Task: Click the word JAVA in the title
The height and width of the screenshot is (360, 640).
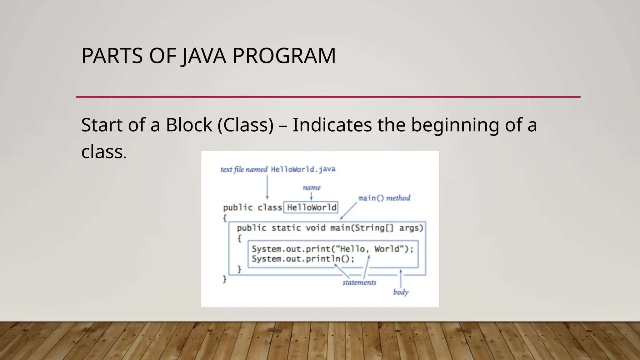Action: [x=203, y=56]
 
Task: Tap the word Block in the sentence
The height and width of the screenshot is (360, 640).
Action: [x=189, y=125]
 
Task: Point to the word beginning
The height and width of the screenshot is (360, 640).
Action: [x=455, y=125]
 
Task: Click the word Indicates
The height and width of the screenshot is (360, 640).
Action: [x=332, y=125]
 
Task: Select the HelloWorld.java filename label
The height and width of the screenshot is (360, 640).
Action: [x=303, y=169]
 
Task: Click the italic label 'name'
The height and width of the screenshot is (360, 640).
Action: [x=311, y=187]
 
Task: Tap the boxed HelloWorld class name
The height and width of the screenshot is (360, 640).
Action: [x=311, y=207]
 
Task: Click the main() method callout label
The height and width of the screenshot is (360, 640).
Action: [x=384, y=198]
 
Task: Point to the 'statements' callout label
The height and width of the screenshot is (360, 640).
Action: [x=359, y=282]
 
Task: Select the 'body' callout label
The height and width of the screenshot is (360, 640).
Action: [x=401, y=292]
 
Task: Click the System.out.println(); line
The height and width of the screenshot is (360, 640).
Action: [x=303, y=259]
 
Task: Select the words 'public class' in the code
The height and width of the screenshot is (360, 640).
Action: [x=252, y=207]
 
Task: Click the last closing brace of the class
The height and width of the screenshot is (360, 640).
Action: [x=224, y=279]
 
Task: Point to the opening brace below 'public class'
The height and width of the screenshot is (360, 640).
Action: [x=225, y=218]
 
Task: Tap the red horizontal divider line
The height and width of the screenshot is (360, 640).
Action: [x=328, y=97]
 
